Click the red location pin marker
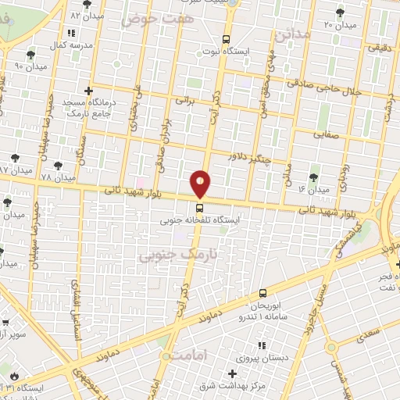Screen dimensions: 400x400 point(201,184)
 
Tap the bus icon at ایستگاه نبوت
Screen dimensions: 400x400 point(227,39)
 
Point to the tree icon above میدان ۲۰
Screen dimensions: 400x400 point(339,12)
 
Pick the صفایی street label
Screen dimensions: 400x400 point(326,134)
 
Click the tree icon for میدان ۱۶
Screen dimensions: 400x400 point(314,177)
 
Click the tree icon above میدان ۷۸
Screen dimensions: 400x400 point(58,165)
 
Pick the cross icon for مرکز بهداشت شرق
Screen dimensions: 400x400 point(233,373)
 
